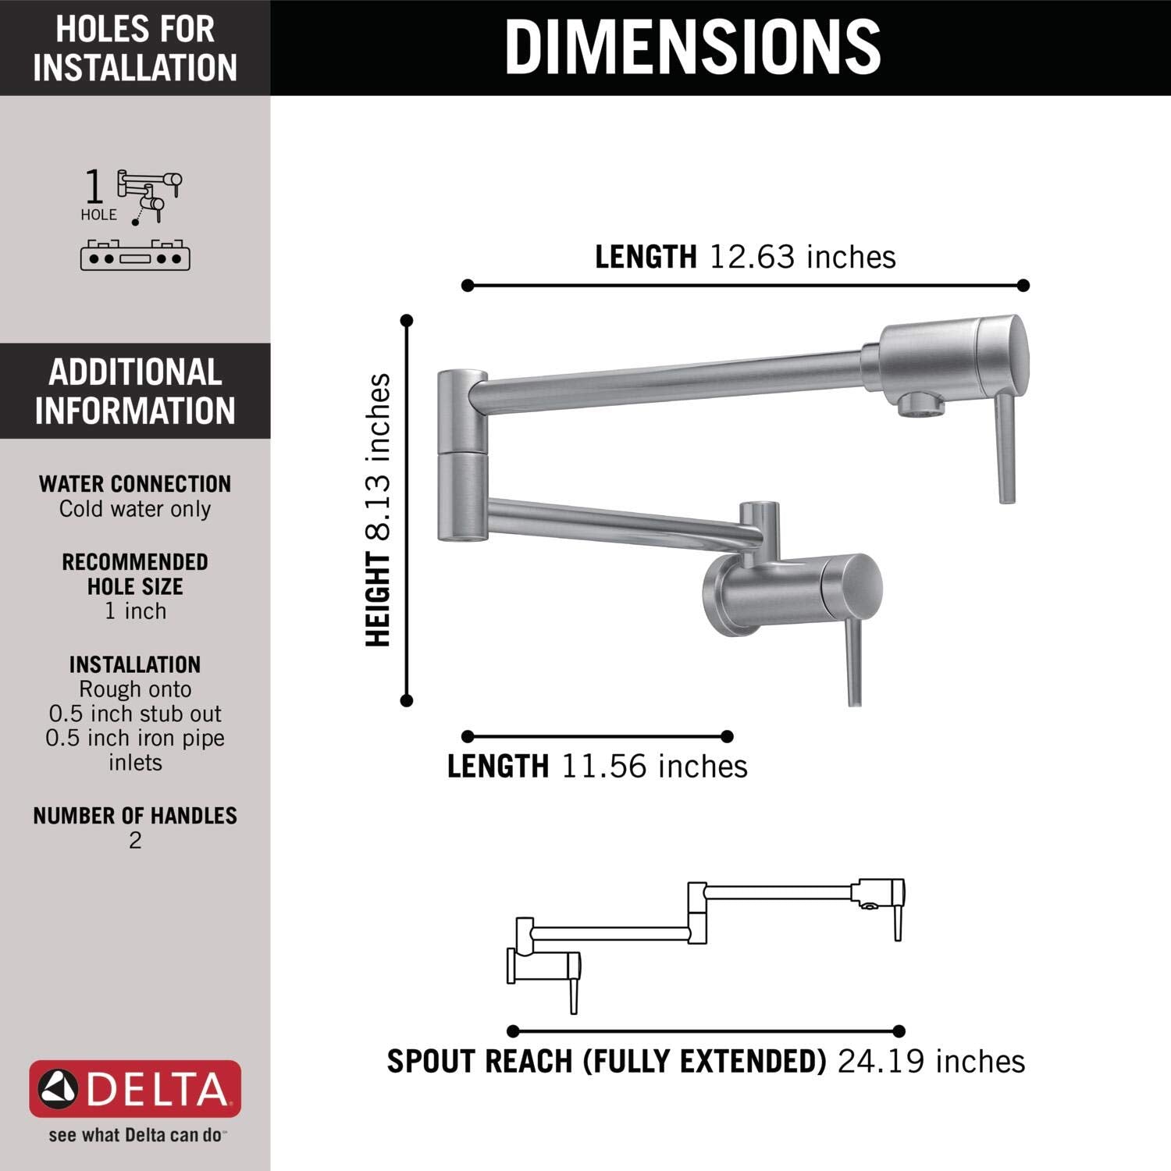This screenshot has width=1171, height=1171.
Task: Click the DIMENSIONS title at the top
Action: [x=693, y=47]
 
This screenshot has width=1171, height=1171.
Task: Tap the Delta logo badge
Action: [x=135, y=1088]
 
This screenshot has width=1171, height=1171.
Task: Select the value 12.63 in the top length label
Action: [x=753, y=257]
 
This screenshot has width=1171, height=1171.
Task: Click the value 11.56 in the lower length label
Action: [x=604, y=767]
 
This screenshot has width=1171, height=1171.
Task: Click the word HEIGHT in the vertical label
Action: [x=379, y=600]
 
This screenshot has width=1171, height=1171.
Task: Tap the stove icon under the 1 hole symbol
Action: [x=135, y=255]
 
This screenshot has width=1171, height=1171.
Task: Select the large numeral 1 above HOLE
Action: [x=94, y=187]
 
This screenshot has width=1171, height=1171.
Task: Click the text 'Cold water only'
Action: [x=135, y=509]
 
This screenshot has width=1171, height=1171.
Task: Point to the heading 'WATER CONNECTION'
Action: [x=135, y=484]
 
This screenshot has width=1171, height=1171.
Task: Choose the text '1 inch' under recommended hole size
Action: [x=135, y=611]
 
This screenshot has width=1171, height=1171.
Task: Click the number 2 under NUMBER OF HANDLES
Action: [x=135, y=841]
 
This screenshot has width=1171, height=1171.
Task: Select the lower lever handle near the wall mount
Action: [x=855, y=664]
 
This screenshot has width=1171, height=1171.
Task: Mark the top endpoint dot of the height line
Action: [x=406, y=320]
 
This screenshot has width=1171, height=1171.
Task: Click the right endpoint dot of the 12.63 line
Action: [x=1023, y=286]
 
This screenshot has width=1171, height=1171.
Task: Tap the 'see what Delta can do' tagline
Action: [x=135, y=1135]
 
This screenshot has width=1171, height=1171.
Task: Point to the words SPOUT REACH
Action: [x=479, y=1062]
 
